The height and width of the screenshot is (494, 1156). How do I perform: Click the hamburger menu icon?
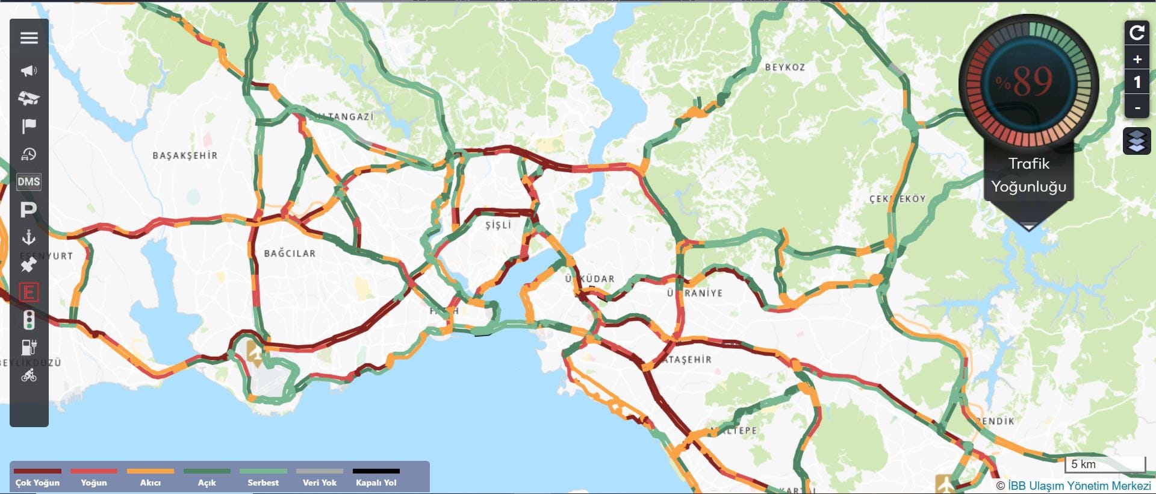(29, 38)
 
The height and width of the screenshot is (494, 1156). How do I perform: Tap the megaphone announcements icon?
(29, 71)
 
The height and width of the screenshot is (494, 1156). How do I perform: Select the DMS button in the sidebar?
(29, 181)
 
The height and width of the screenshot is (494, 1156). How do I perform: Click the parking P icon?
(28, 210)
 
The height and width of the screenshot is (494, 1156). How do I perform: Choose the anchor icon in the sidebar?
(28, 237)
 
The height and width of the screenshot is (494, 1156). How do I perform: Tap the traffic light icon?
(28, 320)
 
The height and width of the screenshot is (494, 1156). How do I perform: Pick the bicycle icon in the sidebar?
(28, 376)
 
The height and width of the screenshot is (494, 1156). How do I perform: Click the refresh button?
(1137, 32)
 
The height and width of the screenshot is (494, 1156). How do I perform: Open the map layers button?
(1137, 141)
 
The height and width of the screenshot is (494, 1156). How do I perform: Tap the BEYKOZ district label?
(785, 67)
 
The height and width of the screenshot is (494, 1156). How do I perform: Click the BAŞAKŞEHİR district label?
(185, 155)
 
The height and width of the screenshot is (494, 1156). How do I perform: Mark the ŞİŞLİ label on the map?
(498, 225)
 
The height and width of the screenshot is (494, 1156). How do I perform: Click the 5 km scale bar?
(1105, 464)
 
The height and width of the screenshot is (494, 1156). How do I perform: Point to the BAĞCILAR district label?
(290, 254)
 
